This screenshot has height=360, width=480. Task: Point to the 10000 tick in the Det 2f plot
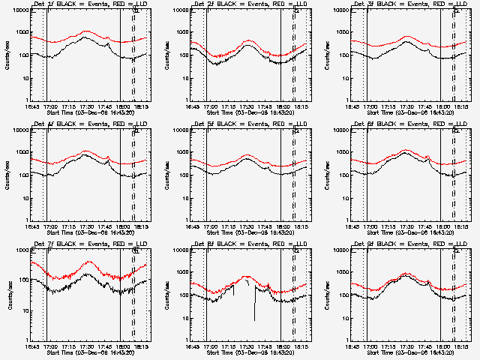pyautogui.click(x=181, y=10)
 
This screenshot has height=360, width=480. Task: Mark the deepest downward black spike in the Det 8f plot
pyautogui.click(x=254, y=320)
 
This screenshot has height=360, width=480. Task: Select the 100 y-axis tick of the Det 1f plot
pyautogui.click(x=22, y=55)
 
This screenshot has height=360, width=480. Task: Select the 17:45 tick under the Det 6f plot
pyautogui.click(x=424, y=226)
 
